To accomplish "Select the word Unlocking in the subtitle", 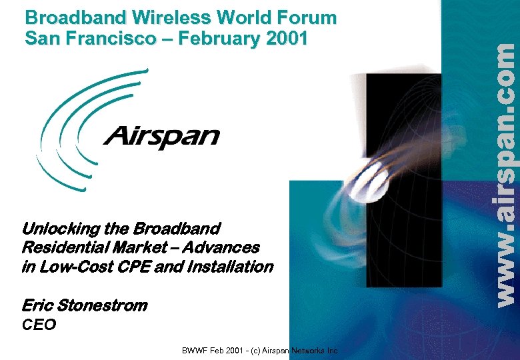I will pos(61,229).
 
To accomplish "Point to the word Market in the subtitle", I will pos(138,248).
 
